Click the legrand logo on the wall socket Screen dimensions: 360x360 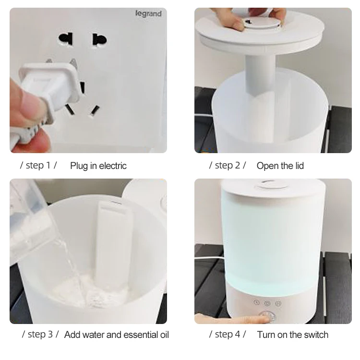coord(148,14)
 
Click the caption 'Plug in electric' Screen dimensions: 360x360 coord(98,166)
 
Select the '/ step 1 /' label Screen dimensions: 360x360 coord(38,166)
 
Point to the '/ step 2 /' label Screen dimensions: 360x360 coord(228,166)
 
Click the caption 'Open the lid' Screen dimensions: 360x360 coord(280,166)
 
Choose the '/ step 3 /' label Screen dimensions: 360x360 coord(40,334)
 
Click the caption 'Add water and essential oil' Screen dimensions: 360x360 coord(117,335)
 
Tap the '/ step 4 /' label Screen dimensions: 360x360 coord(228,334)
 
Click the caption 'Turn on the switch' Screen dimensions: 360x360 coord(293,335)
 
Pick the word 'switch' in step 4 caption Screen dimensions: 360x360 coord(316,335)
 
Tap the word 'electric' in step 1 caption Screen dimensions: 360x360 coord(112,166)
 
